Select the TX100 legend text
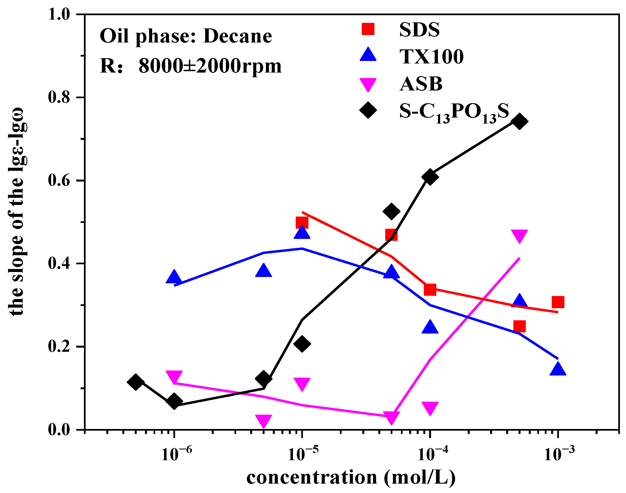coord(432,57)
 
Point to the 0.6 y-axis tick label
coord(59,181)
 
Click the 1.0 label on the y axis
coord(59,14)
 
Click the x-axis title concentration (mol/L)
coord(351,478)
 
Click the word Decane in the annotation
coord(237,36)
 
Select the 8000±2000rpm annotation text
coord(210,66)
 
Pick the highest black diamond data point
coord(519,121)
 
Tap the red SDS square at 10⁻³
coord(558,302)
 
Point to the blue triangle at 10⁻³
coord(558,369)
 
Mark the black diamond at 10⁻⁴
coord(430,177)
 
